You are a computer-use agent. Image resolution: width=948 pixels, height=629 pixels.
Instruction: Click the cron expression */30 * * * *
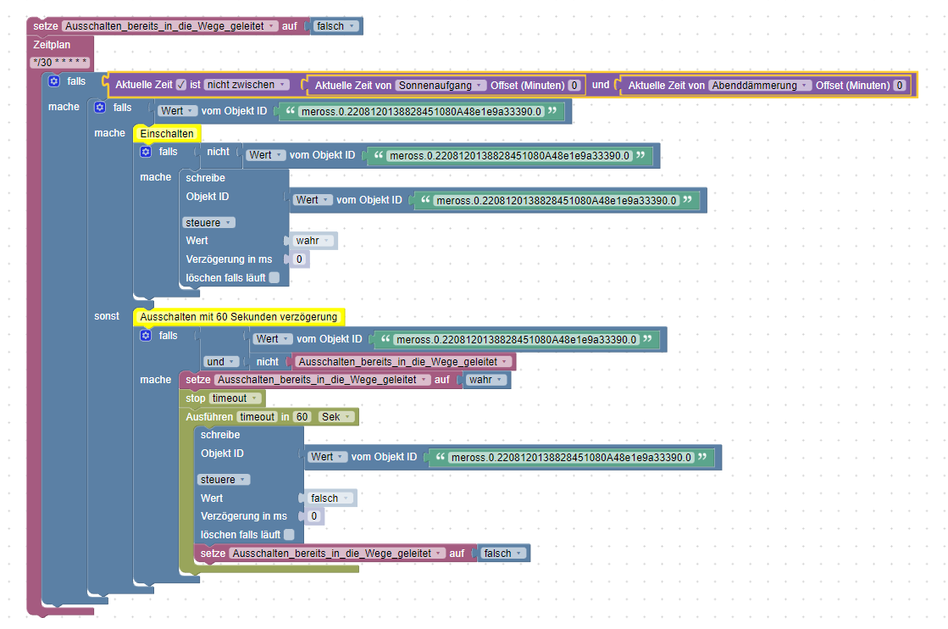tap(60, 62)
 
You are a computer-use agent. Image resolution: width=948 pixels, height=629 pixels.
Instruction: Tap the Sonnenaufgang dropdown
tap(441, 85)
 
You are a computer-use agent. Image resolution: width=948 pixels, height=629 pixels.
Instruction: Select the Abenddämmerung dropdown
tap(760, 85)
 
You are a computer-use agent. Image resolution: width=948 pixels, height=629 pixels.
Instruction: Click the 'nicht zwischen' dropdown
tap(247, 85)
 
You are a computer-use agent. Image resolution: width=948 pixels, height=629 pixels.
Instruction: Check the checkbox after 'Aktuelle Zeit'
tap(181, 85)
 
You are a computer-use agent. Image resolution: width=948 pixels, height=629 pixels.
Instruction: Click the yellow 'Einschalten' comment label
tap(167, 133)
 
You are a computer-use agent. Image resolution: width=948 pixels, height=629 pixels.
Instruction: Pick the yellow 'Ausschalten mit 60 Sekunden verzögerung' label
tap(238, 317)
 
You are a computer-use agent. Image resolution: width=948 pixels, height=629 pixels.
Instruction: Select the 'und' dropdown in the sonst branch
tap(219, 361)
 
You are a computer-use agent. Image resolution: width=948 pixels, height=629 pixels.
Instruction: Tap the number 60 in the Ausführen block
tap(302, 417)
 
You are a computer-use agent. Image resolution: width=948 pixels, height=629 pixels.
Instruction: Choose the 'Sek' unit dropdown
tap(336, 417)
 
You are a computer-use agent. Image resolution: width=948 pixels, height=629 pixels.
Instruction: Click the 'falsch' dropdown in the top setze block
tap(335, 26)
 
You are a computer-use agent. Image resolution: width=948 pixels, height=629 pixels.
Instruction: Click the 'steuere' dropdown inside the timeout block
tap(224, 479)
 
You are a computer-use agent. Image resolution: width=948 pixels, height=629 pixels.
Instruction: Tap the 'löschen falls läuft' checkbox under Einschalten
tap(274, 277)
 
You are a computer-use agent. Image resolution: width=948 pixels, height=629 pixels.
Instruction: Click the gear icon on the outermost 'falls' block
tap(54, 81)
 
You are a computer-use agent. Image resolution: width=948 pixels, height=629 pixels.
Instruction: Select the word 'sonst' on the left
tap(107, 315)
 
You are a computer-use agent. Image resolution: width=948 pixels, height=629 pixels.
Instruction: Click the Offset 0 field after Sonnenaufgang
tap(574, 85)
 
